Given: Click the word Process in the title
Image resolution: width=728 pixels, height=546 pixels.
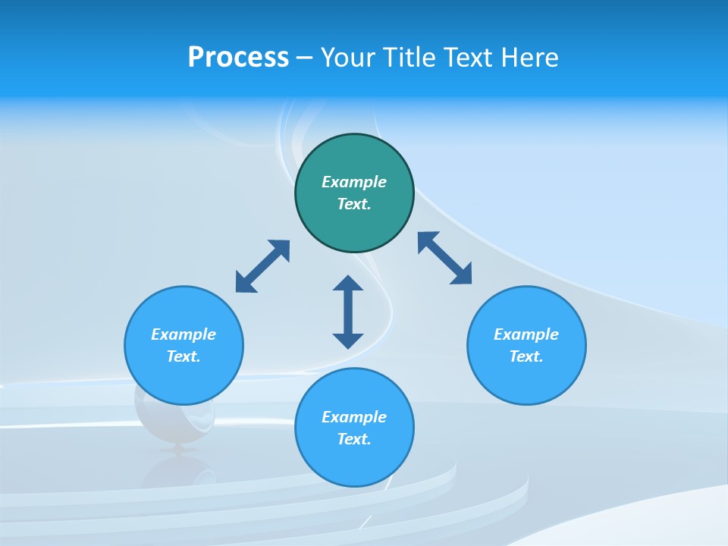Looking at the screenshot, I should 238,58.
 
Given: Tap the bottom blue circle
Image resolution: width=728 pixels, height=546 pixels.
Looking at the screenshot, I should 354,459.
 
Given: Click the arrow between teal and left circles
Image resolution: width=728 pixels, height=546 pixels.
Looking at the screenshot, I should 262,266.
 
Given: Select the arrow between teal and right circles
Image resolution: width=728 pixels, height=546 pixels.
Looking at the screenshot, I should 445,258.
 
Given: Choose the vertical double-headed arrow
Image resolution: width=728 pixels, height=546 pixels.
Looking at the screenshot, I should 348,312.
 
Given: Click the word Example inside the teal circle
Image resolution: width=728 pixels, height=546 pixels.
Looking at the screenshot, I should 354,182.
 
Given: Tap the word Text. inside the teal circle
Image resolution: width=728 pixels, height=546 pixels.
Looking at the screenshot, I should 354,204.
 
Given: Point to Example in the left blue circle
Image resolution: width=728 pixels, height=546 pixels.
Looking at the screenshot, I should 184,334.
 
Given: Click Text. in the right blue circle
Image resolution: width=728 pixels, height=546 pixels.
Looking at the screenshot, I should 526,356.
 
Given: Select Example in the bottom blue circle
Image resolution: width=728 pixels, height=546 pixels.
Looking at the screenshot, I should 354,417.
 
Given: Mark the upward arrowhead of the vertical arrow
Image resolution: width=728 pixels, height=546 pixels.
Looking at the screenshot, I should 348,283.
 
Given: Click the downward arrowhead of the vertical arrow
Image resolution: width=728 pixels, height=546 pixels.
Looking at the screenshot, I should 348,340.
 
